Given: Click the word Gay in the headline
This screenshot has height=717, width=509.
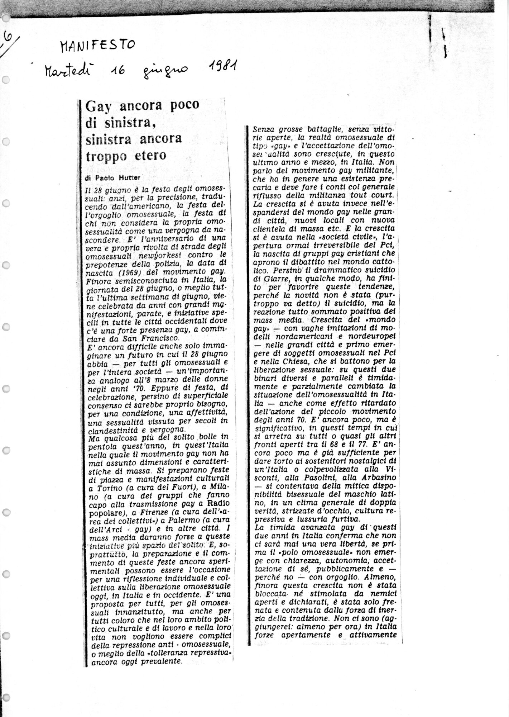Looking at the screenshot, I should pyautogui.click(x=97, y=106).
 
